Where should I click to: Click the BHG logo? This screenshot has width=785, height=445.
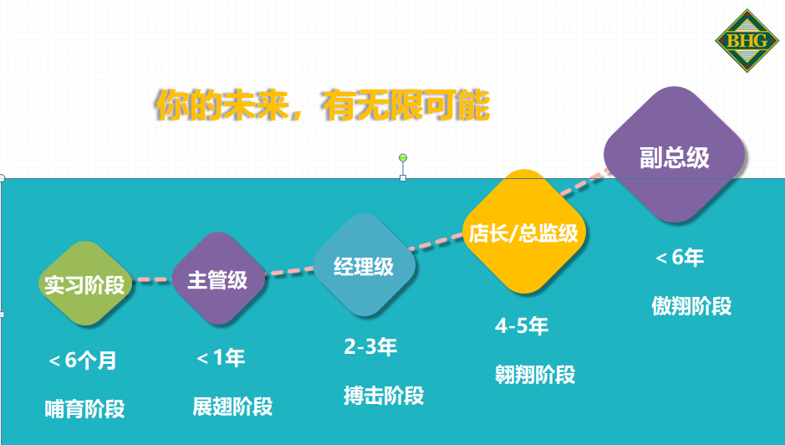pos(747,41)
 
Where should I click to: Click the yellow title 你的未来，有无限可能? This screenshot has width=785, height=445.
pos(323,105)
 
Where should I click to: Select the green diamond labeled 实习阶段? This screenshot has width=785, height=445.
pos(85,283)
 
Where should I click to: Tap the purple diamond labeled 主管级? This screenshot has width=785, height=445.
pos(218,279)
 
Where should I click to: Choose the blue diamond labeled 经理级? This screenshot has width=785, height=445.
pos(364,265)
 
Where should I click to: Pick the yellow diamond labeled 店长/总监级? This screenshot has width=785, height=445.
pos(523,232)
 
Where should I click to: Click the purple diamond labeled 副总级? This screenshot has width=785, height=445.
pos(675,155)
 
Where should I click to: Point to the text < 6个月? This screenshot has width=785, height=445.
pos(83,361)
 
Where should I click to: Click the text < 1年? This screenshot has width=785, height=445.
pos(221,358)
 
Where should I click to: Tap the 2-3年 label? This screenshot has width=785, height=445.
pos(370,346)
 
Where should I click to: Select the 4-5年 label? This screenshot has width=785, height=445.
pos(522,325)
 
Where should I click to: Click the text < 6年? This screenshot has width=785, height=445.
pos(680,257)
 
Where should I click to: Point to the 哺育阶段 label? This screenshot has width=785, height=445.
pos(84,409)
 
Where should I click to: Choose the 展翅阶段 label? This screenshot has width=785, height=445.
pos(232,407)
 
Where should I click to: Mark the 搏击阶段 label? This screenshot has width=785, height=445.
pos(384,396)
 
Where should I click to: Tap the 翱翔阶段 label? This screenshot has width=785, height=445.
pos(535,375)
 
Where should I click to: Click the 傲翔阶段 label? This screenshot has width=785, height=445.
pos(691,305)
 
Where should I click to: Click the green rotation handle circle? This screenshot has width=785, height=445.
pos(403,158)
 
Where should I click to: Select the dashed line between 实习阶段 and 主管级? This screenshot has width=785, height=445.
pos(153,279)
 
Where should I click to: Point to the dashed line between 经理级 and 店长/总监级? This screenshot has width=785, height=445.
pos(436,242)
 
